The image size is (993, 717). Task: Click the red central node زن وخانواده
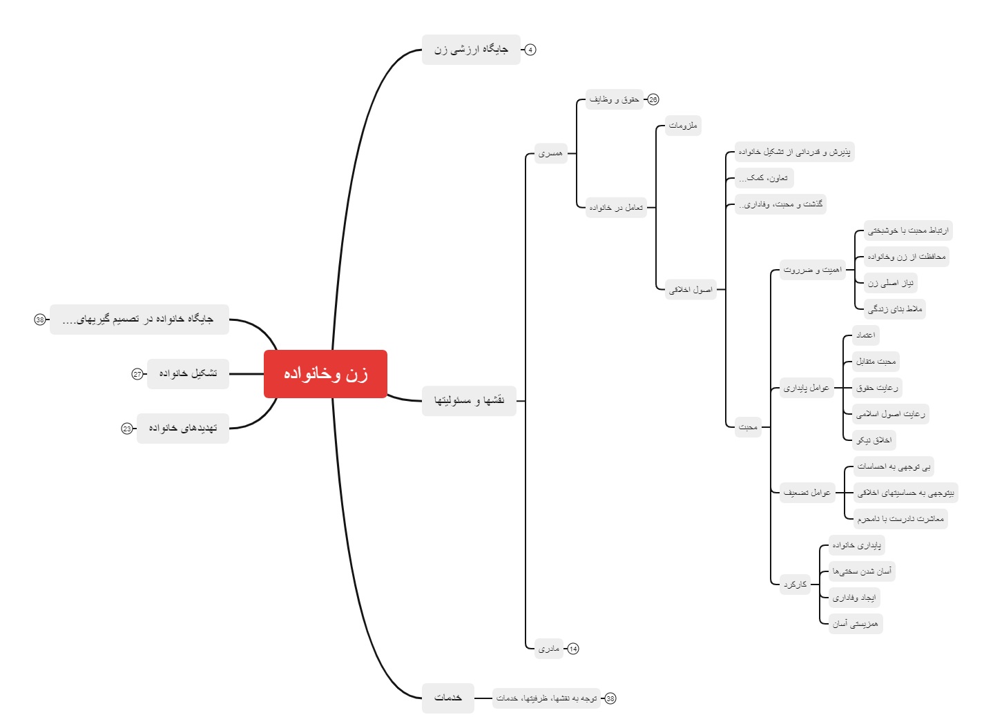pyautogui.click(x=325, y=374)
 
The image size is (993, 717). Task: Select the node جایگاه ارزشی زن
pyautogui.click(x=471, y=50)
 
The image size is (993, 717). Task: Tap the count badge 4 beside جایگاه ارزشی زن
pyautogui.click(x=530, y=50)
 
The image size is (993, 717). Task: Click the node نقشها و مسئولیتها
pyautogui.click(x=469, y=401)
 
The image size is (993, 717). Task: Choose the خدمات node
pyautogui.click(x=448, y=698)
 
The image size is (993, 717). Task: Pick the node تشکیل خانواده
pyautogui.click(x=188, y=373)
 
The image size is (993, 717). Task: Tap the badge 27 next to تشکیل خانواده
pyautogui.click(x=137, y=374)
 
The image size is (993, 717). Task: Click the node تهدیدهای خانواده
pyautogui.click(x=183, y=429)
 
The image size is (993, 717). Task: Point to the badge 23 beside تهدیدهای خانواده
pyautogui.click(x=127, y=429)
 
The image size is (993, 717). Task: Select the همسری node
pyautogui.click(x=550, y=153)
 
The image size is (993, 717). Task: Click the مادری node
pyautogui.click(x=549, y=649)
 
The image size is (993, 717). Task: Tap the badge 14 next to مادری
pyautogui.click(x=573, y=649)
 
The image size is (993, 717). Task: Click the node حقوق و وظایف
pyautogui.click(x=614, y=99)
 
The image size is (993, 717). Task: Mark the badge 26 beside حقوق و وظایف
pyautogui.click(x=653, y=99)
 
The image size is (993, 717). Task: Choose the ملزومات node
pyautogui.click(x=683, y=126)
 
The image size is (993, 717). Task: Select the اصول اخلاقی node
pyautogui.click(x=691, y=290)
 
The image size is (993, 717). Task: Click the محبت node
pyautogui.click(x=748, y=427)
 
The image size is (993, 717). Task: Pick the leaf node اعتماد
pyautogui.click(x=865, y=335)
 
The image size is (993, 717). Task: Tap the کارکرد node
pyautogui.click(x=795, y=585)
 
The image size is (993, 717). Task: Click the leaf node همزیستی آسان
pyautogui.click(x=856, y=624)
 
